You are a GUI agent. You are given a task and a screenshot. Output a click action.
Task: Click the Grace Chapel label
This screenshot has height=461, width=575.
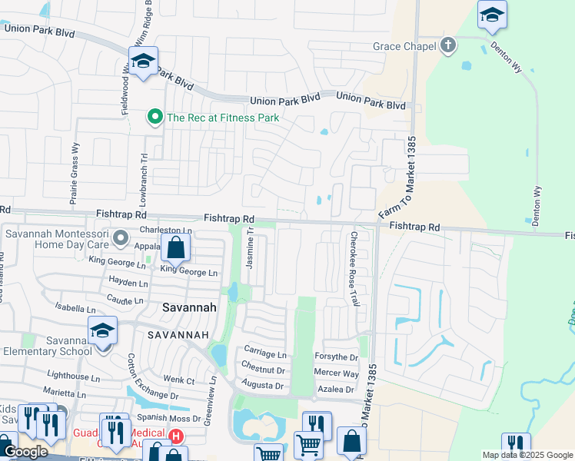[x=404, y=46]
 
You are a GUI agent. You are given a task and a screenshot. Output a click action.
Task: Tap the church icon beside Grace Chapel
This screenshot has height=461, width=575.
[x=448, y=45]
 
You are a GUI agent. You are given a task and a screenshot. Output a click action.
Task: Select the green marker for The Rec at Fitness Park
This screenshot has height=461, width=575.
[x=155, y=118]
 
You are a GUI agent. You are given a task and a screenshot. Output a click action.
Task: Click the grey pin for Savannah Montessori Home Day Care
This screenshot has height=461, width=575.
[x=120, y=240]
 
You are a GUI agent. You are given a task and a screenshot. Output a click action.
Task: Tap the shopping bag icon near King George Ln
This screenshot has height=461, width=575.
[x=175, y=248]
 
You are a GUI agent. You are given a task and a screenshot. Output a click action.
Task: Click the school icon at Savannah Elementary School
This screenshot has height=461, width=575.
[x=102, y=331]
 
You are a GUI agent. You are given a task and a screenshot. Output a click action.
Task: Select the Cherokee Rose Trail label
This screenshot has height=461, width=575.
[x=354, y=268]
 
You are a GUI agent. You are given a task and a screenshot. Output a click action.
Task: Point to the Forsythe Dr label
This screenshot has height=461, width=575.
[x=337, y=357]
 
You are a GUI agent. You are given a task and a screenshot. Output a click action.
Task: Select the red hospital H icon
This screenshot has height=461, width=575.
[x=176, y=436]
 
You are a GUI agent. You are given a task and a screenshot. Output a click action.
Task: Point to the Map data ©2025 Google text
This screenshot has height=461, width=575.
[x=527, y=455]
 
